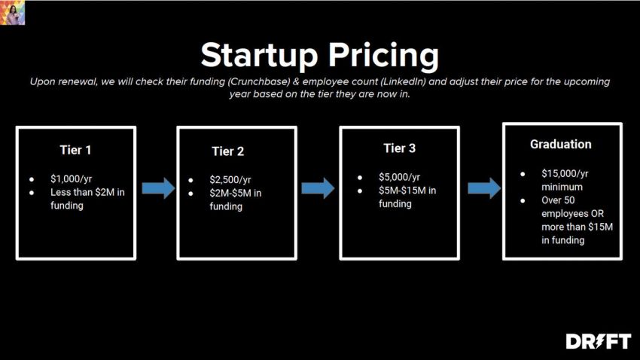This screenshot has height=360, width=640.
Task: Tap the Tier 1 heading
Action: pyautogui.click(x=75, y=150)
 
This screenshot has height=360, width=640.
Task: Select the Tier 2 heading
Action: pyautogui.click(x=227, y=151)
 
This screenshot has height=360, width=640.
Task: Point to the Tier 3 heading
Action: pyautogui.click(x=399, y=148)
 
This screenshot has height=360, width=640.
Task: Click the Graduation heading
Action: pyautogui.click(x=560, y=144)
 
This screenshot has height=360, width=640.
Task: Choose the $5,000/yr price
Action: pyautogui.click(x=400, y=177)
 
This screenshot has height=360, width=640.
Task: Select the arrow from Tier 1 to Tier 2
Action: pyautogui.click(x=157, y=188)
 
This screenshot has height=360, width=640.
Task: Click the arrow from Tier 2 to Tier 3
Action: pyautogui.click(x=318, y=188)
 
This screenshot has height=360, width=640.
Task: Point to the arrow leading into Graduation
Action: pyautogui.click(x=483, y=188)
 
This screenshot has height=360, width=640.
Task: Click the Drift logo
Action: pyautogui.click(x=598, y=341)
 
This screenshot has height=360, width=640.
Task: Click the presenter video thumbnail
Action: pyautogui.click(x=13, y=13)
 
